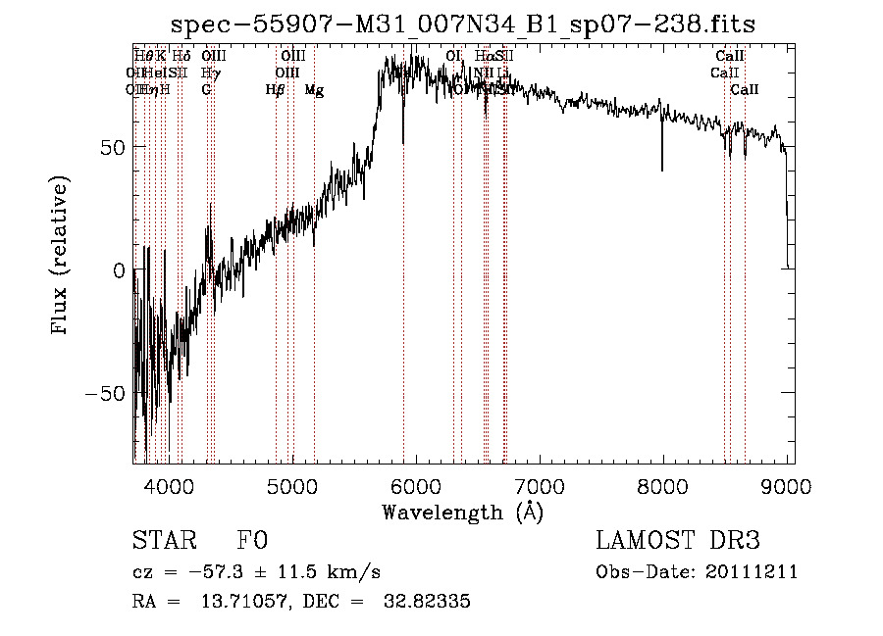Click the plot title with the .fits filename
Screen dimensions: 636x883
(463, 24)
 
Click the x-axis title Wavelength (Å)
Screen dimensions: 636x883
(463, 512)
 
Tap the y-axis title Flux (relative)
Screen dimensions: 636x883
(61, 257)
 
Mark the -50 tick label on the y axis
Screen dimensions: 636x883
(107, 393)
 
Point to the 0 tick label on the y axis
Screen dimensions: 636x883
(119, 270)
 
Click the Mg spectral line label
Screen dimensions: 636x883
(314, 90)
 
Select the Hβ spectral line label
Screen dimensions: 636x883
(276, 90)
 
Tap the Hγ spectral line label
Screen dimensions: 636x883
(210, 73)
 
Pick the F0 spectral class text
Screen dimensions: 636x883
(252, 541)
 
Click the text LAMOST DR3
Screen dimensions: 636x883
(678, 541)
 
